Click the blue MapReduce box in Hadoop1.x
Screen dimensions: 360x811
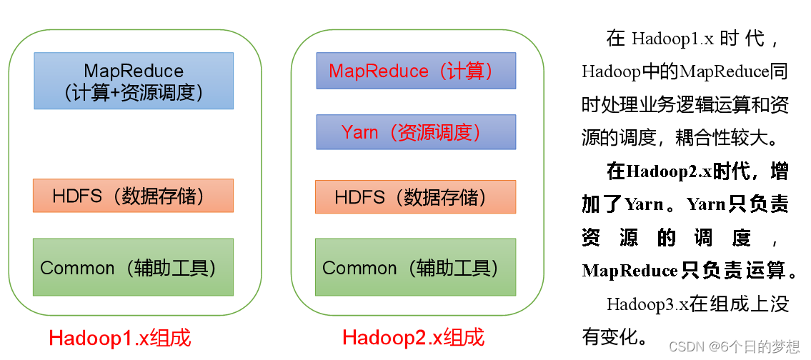pos(134,81)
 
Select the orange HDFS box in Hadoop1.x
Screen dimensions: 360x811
pos(133,196)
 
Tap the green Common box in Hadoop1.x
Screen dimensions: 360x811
pos(133,267)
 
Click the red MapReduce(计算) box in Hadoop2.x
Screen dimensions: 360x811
pos(416,71)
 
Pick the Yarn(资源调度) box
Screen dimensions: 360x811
pos(416,132)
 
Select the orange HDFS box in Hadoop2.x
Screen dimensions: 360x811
pos(415,196)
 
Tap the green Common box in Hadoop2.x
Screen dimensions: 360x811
pos(415,267)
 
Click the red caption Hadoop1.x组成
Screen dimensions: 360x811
pos(120,338)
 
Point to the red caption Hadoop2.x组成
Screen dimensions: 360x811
pos(413,337)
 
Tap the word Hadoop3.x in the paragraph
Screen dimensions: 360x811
pos(647,304)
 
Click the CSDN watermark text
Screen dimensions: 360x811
pos(735,346)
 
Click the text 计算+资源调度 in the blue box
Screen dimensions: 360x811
pos(134,92)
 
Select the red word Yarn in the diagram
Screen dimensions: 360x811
pos(359,132)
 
